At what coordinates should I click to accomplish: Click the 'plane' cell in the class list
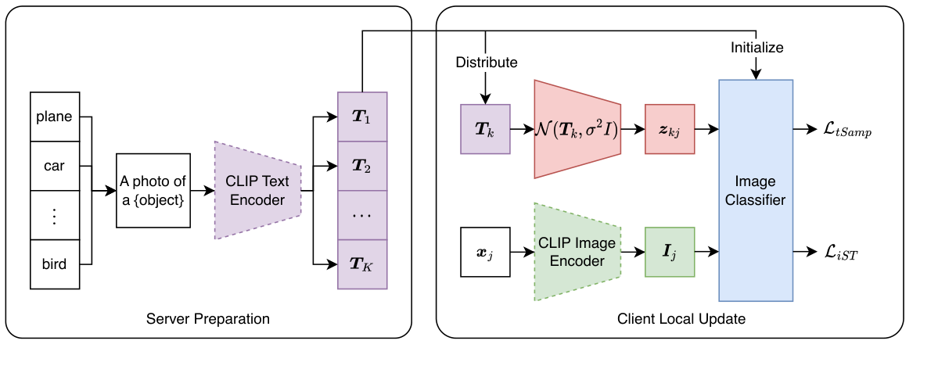pos(54,117)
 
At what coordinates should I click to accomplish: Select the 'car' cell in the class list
pos(54,166)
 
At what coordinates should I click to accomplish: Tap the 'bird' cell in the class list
pos(54,264)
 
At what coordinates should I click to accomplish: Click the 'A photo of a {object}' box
pos(153,190)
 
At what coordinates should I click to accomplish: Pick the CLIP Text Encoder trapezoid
pos(257,190)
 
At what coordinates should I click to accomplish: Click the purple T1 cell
pos(362,117)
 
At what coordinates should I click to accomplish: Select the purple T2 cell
pos(362,166)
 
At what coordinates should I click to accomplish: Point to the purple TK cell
pos(362,264)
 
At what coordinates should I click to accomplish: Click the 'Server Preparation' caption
pos(208,319)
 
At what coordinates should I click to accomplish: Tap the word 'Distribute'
pos(487,62)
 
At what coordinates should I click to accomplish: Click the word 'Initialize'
pos(757,48)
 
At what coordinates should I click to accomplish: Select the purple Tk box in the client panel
pos(485,129)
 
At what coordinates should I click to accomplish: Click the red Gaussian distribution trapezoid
pos(577,129)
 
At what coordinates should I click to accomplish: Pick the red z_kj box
pos(670,129)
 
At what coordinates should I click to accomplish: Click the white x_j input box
pos(485,252)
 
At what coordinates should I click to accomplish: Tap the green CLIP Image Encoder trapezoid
pos(577,252)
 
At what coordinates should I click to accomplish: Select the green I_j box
pos(670,252)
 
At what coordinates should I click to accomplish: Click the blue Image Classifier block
pos(756,190)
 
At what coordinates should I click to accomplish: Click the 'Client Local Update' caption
pos(670,319)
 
